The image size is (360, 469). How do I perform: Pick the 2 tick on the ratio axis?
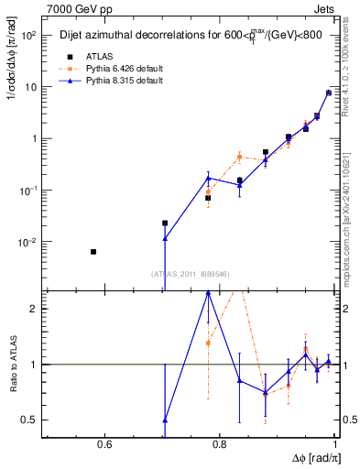click(x=35, y=309)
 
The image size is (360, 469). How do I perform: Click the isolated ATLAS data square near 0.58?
click(x=93, y=251)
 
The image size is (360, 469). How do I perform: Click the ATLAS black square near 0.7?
click(x=165, y=223)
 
